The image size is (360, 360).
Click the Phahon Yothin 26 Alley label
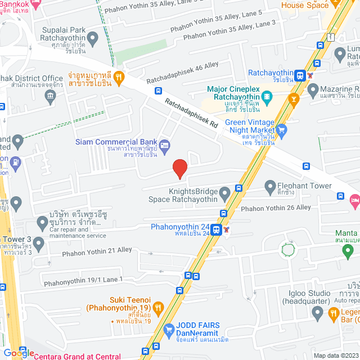pyautogui.click(x=276, y=208)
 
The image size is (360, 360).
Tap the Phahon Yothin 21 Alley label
pyautogui.click(x=97, y=250)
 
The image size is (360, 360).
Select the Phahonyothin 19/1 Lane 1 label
pyautogui.click(x=83, y=280)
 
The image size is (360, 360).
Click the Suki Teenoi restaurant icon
pyautogui.click(x=159, y=308)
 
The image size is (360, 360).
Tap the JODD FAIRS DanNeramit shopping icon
pyautogui.click(x=168, y=330)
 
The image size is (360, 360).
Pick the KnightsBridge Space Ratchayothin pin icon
pyautogui.click(x=226, y=195)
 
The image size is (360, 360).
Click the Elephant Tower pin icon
pyautogui.click(x=270, y=185)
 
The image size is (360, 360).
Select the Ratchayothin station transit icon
pyautogui.click(x=301, y=74)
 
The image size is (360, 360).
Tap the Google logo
pyautogui.click(x=18, y=353)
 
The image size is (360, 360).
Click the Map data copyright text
pyautogui.click(x=335, y=355)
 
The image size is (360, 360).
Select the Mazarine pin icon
pyautogui.click(x=314, y=89)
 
